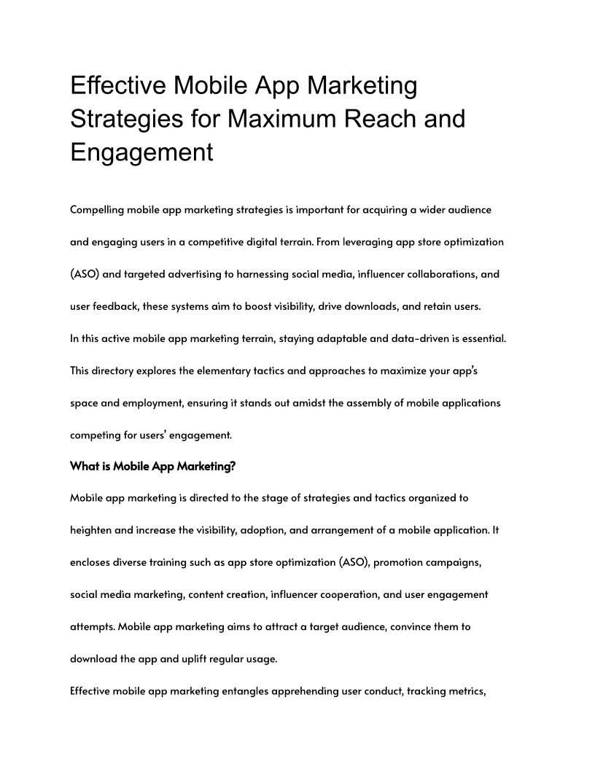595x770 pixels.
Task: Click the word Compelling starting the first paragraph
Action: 97,210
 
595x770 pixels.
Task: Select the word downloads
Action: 367,306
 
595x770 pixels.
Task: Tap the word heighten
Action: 91,531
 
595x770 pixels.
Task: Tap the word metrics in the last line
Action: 462,691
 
